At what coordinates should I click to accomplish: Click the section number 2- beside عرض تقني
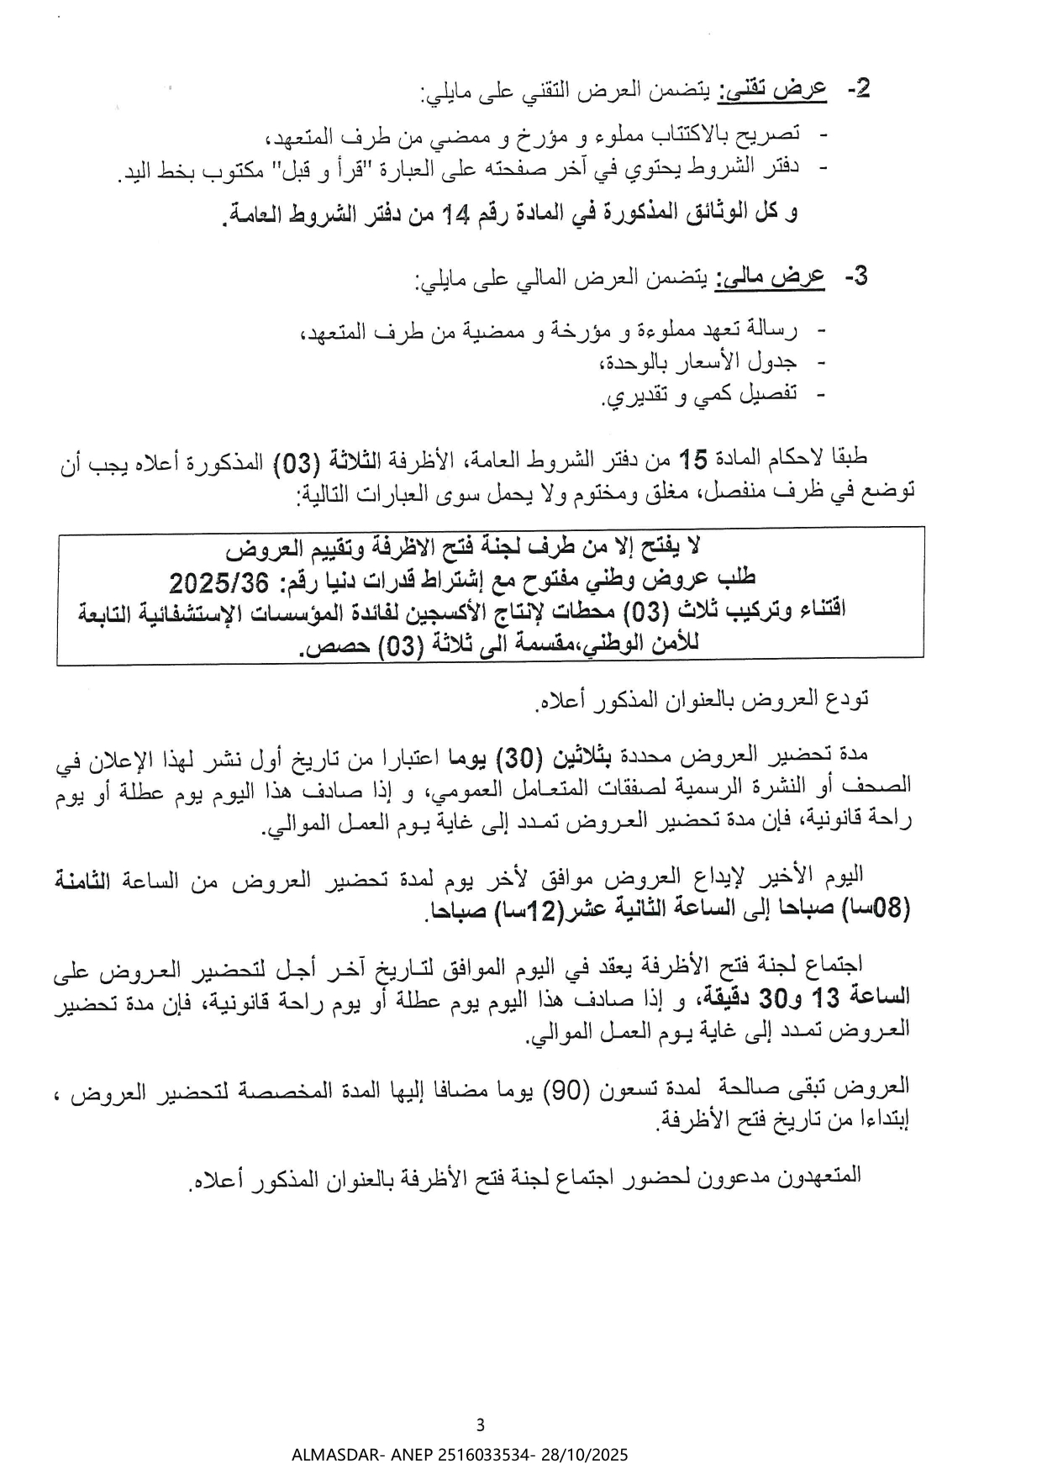[x=858, y=89]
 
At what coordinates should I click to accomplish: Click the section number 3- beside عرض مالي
[x=855, y=277]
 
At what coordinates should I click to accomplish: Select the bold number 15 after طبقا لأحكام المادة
[x=693, y=459]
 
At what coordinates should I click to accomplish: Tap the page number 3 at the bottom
[x=481, y=1424]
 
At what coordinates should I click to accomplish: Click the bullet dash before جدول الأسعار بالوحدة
[x=821, y=362]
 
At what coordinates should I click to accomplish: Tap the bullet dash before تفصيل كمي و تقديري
[x=821, y=394]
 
